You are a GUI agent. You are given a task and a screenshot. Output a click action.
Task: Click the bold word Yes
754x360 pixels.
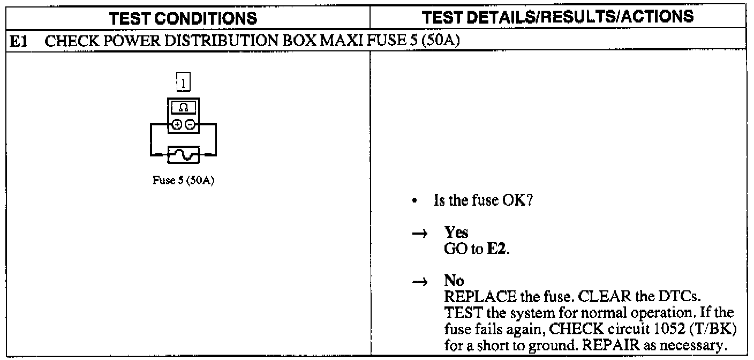tap(456, 233)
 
